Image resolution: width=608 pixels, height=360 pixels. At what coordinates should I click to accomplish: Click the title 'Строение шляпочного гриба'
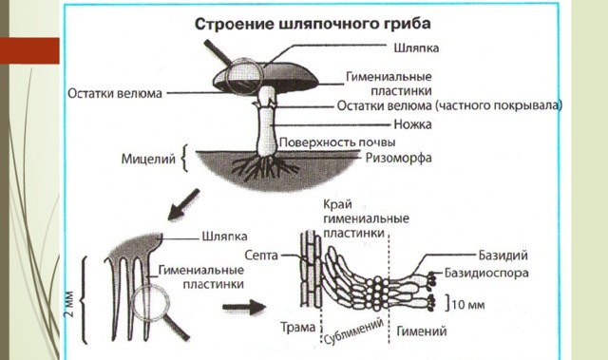313,24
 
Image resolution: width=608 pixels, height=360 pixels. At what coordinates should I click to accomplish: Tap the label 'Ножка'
412,124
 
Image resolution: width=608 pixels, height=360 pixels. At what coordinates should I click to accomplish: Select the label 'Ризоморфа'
399,158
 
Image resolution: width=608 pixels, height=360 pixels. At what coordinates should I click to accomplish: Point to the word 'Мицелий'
148,159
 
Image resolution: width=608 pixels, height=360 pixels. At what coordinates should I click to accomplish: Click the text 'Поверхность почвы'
337,142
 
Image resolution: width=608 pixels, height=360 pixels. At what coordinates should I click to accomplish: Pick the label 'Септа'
261,256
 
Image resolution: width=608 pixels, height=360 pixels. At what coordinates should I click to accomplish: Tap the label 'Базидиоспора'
486,273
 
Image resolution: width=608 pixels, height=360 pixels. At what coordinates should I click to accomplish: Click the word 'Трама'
297,328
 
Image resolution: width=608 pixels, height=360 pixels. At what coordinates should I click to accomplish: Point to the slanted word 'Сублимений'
353,332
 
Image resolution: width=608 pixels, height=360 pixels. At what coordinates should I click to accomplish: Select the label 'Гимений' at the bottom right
422,332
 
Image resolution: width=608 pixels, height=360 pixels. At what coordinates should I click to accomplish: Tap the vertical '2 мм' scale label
69,304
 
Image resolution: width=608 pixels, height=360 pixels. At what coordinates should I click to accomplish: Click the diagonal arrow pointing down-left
183,204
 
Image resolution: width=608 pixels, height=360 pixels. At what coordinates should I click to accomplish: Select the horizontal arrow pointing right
244,307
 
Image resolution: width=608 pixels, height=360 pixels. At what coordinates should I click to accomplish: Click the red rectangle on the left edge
29,50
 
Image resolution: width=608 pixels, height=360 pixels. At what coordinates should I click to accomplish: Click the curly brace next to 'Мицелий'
185,158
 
